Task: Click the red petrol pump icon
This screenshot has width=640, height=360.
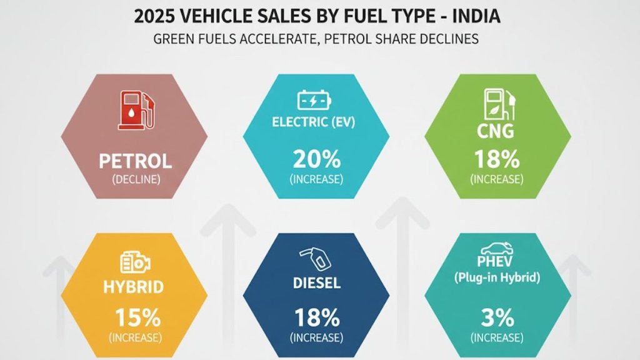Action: click(x=135, y=110)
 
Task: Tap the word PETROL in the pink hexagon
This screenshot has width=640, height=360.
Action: click(x=135, y=161)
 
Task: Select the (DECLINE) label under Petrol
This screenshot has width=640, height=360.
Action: click(x=135, y=180)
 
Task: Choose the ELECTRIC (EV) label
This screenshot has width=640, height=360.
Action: click(x=314, y=122)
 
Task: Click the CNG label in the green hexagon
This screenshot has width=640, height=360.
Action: click(x=497, y=132)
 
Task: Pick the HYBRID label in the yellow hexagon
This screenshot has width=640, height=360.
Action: click(x=134, y=287)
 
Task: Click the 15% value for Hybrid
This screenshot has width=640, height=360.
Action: click(x=135, y=317)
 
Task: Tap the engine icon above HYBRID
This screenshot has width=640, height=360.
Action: click(x=134, y=263)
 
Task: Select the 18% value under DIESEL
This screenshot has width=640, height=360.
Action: click(x=316, y=317)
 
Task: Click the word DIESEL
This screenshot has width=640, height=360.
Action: click(x=316, y=283)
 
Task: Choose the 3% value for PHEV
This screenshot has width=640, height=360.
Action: click(x=497, y=317)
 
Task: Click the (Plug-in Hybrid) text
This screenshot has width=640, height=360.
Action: click(x=497, y=278)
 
